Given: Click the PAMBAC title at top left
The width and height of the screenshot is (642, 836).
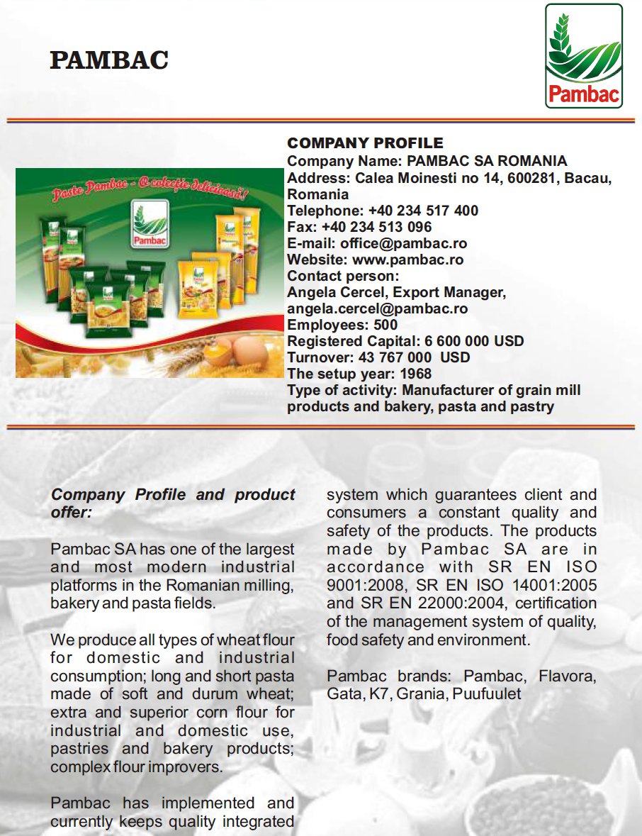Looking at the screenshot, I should pyautogui.click(x=109, y=61).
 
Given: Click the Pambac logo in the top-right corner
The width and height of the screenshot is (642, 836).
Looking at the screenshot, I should pyautogui.click(x=583, y=56).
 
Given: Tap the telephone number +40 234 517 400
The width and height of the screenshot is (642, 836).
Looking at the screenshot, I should pyautogui.click(x=423, y=211).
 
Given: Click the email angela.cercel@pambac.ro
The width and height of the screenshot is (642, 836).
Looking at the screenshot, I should pyautogui.click(x=377, y=308).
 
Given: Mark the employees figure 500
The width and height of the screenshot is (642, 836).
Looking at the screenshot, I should pyautogui.click(x=385, y=325).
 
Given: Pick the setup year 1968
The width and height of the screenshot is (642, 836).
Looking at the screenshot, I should pyautogui.click(x=415, y=374).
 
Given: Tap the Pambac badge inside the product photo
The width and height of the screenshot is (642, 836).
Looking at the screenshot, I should pyautogui.click(x=149, y=224).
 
